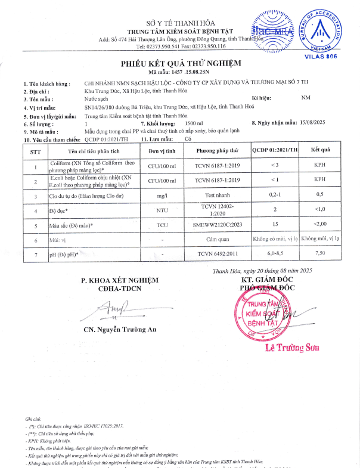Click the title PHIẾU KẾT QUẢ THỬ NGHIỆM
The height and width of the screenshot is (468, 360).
coord(180,63)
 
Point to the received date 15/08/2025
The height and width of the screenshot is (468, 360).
coord(315,122)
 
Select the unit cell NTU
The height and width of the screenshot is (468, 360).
coord(162,210)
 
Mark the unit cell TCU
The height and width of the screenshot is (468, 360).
coord(162,225)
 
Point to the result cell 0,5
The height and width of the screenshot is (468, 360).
coord(319,195)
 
